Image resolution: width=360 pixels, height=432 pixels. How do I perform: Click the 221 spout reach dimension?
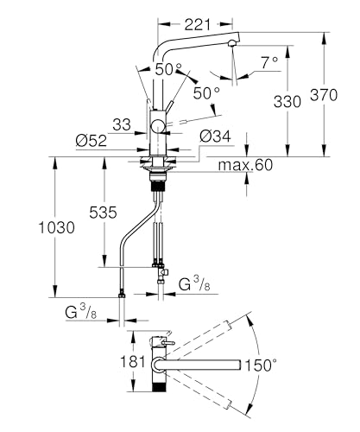click(x=198, y=24)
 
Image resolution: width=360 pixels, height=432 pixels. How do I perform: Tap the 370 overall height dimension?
click(x=324, y=95)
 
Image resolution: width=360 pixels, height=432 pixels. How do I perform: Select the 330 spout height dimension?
click(x=287, y=101)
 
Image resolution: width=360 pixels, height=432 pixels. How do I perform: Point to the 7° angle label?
click(x=269, y=62)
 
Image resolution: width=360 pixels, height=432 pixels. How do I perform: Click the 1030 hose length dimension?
click(x=57, y=227)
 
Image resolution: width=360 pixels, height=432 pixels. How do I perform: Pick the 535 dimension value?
click(x=103, y=213)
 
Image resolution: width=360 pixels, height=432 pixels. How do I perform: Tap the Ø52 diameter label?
click(x=92, y=141)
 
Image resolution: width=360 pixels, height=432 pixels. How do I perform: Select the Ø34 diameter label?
click(x=216, y=137)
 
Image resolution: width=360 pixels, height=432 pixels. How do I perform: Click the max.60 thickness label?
click(x=245, y=165)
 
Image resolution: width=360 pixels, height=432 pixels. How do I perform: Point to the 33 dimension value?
click(x=122, y=124)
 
